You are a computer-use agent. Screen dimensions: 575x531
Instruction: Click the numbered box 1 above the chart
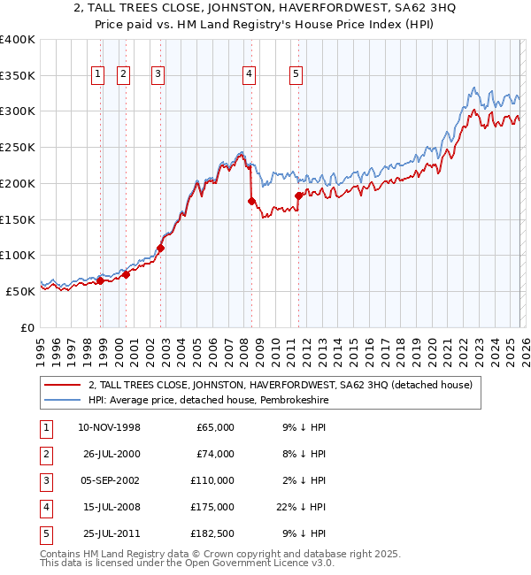coord(96,74)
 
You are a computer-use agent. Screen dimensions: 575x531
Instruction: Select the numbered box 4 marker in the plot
coord(250,74)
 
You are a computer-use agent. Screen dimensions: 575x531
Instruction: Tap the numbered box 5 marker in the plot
coord(296,74)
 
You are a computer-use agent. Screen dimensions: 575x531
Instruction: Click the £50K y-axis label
coord(20,291)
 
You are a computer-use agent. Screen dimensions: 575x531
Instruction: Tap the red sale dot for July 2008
coord(252,202)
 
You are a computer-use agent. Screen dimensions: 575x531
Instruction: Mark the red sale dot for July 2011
coord(299,195)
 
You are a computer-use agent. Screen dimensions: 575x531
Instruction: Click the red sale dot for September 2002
coord(161,248)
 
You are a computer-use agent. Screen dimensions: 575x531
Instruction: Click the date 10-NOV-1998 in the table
coord(109,427)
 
